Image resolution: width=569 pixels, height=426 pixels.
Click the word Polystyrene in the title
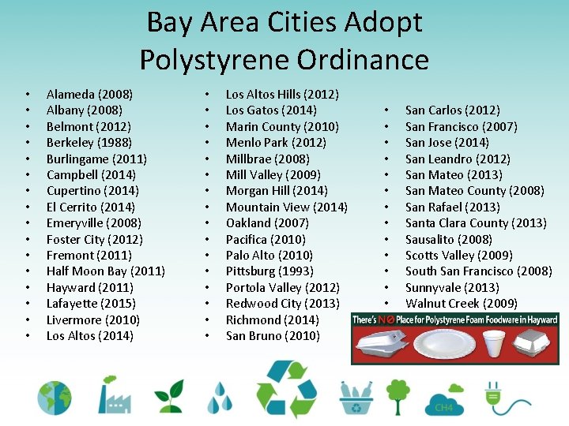(x=228, y=59)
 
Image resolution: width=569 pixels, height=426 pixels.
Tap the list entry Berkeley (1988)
(x=89, y=143)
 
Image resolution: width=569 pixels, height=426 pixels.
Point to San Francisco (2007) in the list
(x=461, y=126)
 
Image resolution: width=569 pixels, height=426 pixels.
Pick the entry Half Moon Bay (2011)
(x=105, y=271)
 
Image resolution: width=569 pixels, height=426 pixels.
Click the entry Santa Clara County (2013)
(x=475, y=223)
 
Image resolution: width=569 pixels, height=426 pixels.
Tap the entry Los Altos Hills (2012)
(x=282, y=94)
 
